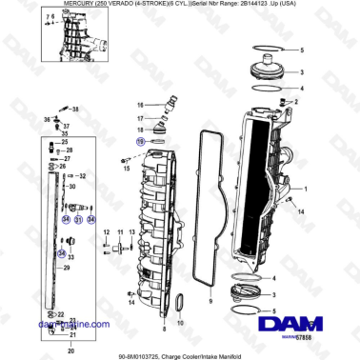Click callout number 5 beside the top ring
point(303,49)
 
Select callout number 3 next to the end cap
point(303,71)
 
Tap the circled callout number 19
point(140,139)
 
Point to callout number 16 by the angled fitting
point(140,104)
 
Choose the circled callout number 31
point(78,219)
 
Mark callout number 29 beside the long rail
point(68,270)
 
